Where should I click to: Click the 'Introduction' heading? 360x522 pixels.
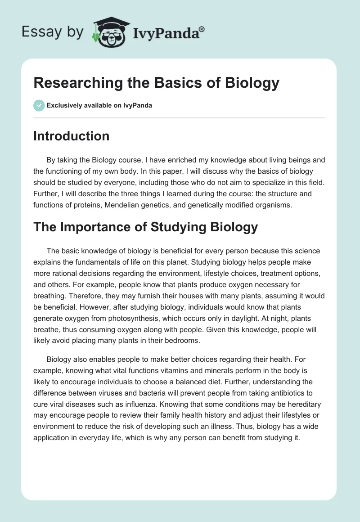point(71,136)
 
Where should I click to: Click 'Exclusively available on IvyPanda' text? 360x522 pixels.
point(99,105)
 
